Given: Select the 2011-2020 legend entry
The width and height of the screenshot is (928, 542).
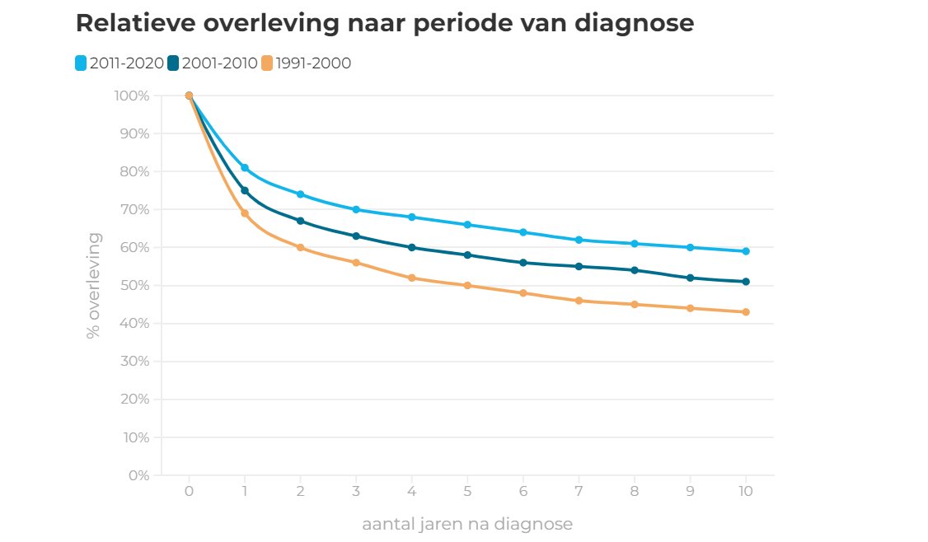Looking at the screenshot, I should click(120, 63).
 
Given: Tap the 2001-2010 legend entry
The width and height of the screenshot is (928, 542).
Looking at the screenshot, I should click(213, 63).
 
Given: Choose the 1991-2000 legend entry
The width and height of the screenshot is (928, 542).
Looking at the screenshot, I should click(306, 63).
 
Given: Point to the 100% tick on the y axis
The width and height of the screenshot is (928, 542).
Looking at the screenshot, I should click(131, 96).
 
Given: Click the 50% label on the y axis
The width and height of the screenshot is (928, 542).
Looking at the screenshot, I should click(134, 286).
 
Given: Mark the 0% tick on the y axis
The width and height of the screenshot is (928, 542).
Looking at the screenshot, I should click(138, 475).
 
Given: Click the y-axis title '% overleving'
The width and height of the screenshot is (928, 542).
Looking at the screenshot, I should click(94, 286).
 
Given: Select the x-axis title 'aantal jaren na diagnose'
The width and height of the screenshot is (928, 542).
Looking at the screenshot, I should click(466, 524).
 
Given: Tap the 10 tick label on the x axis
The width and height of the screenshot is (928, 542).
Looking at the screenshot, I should click(746, 492).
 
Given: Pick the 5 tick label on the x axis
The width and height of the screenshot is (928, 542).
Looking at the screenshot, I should click(467, 492).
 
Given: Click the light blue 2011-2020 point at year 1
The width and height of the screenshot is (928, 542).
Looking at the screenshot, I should click(245, 168).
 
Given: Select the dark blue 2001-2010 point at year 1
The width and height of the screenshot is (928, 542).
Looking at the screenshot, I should click(245, 190).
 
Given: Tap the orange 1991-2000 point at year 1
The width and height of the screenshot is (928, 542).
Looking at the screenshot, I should click(245, 213).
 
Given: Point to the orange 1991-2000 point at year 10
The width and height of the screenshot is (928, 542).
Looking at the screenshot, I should click(746, 312).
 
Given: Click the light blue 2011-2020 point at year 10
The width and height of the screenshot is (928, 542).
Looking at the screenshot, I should click(746, 251).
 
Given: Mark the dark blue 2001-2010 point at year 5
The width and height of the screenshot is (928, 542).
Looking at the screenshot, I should click(467, 255).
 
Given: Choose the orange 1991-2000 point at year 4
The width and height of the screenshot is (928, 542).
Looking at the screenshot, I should click(412, 278).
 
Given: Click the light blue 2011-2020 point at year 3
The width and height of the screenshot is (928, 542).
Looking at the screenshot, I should click(356, 209).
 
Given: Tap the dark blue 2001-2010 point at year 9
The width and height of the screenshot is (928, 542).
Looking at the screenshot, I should click(690, 278).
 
